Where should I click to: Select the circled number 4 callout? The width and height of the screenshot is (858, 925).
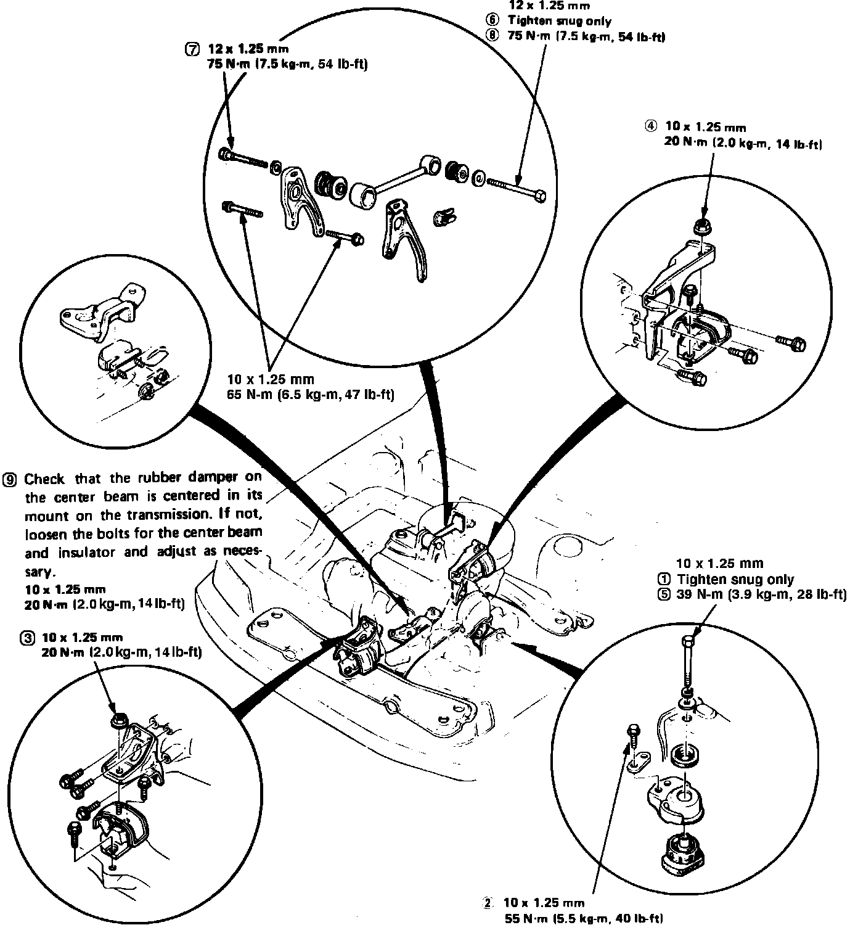pos(651,126)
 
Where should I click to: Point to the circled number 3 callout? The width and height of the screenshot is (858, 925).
pos(28,638)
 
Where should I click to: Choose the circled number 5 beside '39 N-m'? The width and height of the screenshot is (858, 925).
pos(664,595)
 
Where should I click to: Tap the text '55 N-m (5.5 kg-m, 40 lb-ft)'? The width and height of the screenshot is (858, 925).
pos(583,918)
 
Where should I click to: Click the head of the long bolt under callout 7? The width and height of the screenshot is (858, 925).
pos(226,153)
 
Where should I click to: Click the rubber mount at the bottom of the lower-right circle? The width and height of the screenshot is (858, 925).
pos(685,853)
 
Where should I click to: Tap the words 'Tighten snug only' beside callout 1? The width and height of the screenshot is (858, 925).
pos(735,580)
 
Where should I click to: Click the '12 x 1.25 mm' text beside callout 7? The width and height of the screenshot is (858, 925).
pos(249,49)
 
